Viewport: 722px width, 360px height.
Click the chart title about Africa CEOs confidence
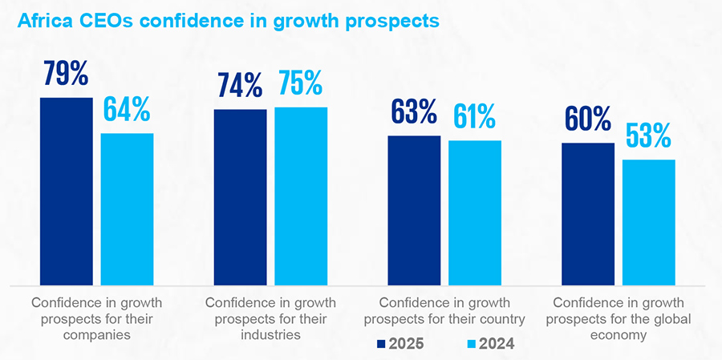coord(225,21)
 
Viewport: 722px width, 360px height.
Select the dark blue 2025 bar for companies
coord(66,191)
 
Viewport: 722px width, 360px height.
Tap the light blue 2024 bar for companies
coord(127,208)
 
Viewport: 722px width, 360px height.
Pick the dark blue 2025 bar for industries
coord(240,196)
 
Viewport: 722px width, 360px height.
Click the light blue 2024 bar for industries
coord(301,196)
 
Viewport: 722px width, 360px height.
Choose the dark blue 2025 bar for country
coord(414,210)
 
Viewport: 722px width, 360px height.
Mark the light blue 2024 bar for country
coord(474,212)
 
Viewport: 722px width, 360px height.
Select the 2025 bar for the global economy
coord(588,213)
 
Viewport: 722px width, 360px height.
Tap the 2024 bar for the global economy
coord(648,222)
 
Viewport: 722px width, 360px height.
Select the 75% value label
coord(301,84)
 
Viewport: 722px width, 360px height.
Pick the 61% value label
coord(474,118)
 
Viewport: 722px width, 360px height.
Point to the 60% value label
coord(588,120)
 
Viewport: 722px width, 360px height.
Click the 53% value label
coord(648,137)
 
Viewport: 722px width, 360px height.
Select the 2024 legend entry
coord(489,344)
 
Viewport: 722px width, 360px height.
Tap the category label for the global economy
coord(618,319)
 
